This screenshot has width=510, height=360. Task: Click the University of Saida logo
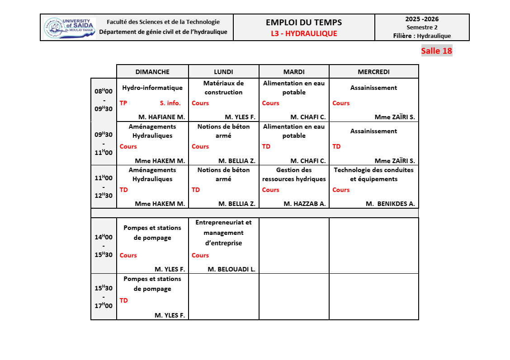[70, 28]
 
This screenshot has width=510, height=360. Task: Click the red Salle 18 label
[436, 51]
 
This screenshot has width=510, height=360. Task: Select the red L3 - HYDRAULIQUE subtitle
[304, 33]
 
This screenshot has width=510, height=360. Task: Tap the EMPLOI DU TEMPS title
[304, 23]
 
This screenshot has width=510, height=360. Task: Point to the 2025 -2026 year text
[422, 19]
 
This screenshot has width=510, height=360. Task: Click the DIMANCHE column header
[152, 72]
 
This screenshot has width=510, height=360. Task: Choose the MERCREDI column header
[373, 72]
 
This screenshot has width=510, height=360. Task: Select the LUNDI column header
[223, 72]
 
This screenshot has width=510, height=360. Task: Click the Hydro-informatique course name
[152, 88]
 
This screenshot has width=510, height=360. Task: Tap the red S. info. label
[170, 103]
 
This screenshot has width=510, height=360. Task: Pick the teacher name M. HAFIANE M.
[161, 117]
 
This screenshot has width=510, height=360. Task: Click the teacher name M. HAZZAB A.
[304, 204]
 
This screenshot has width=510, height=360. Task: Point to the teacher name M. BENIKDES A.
[390, 204]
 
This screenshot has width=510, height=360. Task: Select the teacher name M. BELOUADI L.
[231, 269]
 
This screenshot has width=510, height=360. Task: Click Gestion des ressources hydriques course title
[294, 174]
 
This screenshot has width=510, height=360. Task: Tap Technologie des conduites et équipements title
[373, 174]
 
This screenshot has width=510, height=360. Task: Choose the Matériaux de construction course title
[223, 88]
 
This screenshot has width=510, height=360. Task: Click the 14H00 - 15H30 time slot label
[104, 246]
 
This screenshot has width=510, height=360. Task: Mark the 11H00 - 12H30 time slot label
[104, 187]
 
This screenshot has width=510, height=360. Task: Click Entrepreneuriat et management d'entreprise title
[223, 233]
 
